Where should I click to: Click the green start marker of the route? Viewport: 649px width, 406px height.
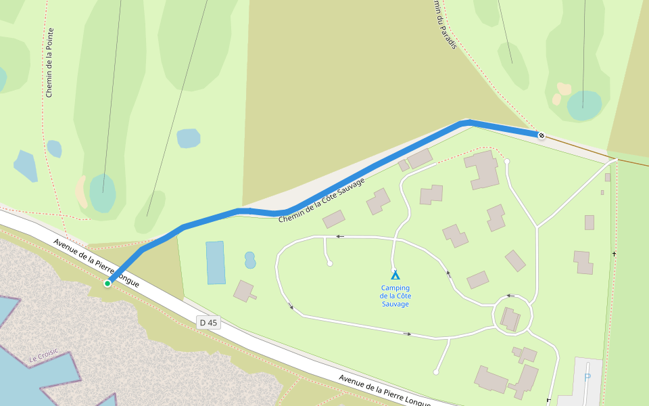click(107, 284)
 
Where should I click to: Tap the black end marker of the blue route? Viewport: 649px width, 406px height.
click(541, 135)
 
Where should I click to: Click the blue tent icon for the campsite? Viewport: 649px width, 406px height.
click(395, 275)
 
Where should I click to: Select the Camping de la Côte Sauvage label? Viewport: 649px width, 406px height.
click(395, 296)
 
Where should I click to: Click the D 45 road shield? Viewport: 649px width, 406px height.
click(209, 323)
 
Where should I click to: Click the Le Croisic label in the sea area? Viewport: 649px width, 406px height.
click(44, 356)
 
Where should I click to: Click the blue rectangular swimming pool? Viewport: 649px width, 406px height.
click(216, 263)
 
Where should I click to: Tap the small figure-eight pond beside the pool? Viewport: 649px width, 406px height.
click(250, 260)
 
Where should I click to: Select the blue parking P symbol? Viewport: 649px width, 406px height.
click(587, 377)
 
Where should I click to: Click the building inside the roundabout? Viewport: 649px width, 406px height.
click(512, 319)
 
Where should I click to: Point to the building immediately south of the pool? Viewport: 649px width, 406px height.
click(244, 292)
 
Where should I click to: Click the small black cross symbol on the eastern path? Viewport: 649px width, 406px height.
click(614, 254)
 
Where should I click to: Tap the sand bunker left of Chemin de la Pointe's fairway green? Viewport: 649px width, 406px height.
click(81, 192)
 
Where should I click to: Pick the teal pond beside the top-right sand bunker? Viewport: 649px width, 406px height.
click(584, 104)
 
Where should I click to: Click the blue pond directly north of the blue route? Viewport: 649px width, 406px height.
click(189, 138)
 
